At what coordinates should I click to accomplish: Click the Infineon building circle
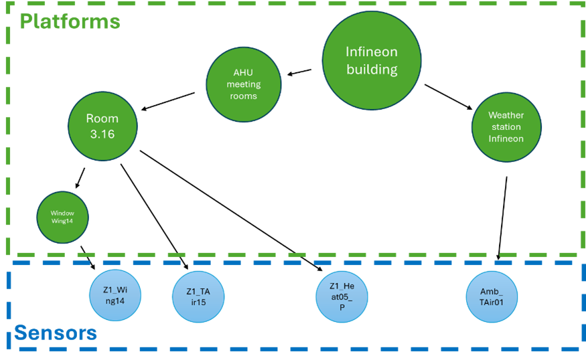(x=372, y=60)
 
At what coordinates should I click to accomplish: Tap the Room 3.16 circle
(x=102, y=126)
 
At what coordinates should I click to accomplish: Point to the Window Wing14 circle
(x=62, y=217)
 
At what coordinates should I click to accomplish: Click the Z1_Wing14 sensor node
(x=115, y=296)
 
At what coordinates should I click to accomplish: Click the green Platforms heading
(x=70, y=21)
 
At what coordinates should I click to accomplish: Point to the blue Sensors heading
(x=55, y=333)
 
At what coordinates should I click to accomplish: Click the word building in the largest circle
(x=372, y=69)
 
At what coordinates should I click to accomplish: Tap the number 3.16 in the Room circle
(x=102, y=134)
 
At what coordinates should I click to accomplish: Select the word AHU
(x=243, y=73)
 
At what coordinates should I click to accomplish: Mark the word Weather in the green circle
(x=506, y=116)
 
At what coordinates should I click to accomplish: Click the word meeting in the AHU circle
(x=243, y=84)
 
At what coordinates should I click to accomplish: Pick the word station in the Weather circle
(x=506, y=127)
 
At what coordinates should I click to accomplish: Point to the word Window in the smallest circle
(x=62, y=213)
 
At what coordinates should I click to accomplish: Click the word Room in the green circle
(x=102, y=118)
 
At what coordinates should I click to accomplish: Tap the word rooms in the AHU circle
(x=243, y=96)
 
